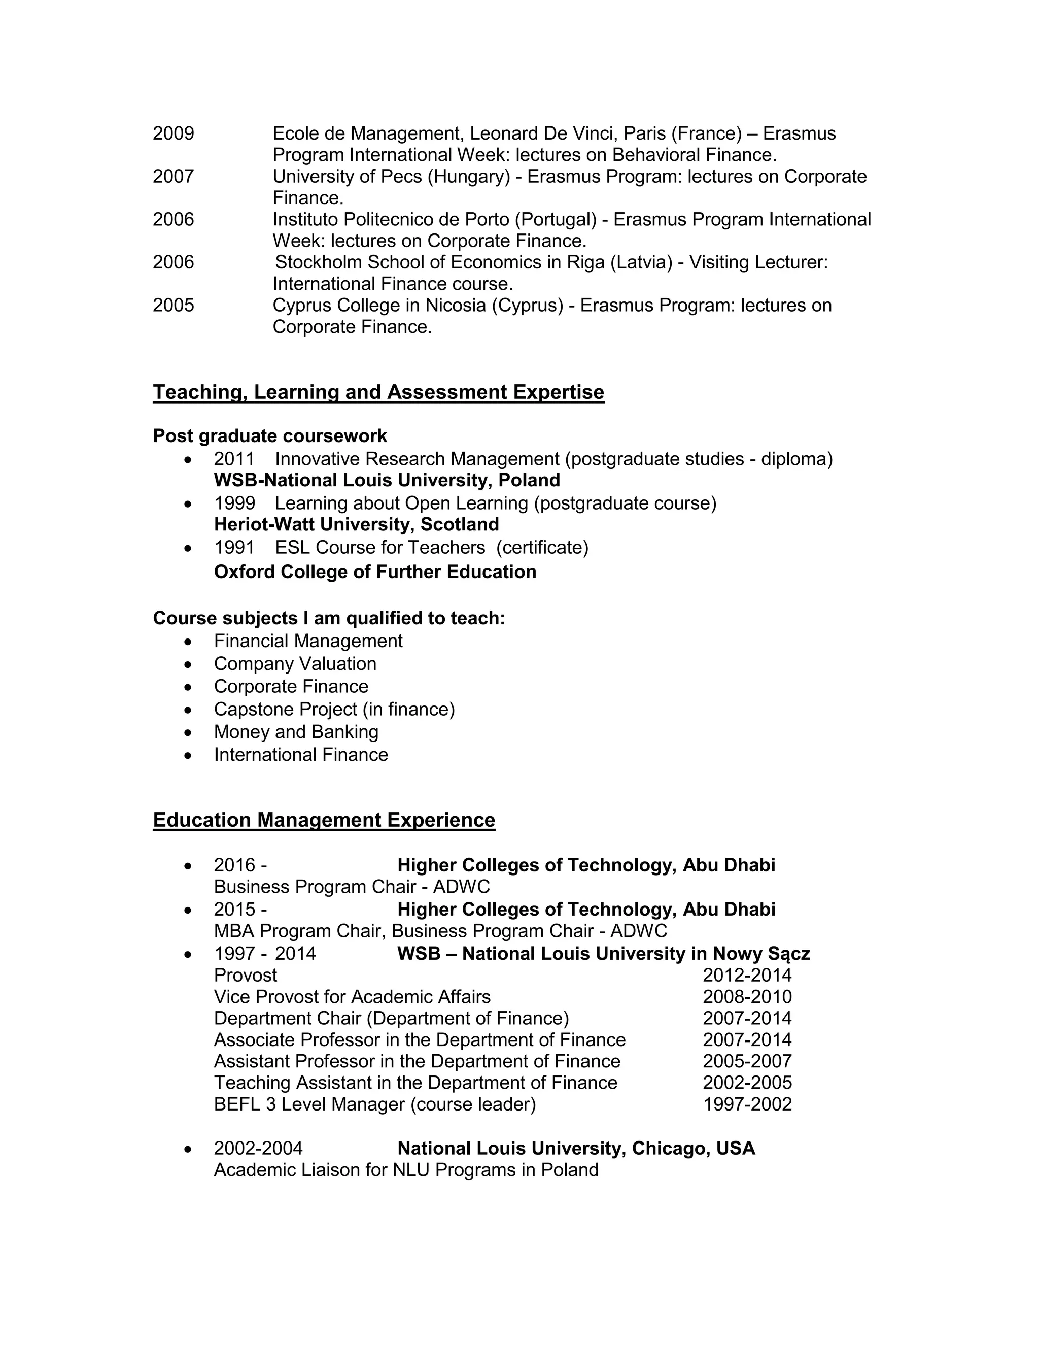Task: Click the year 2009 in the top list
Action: point(173,133)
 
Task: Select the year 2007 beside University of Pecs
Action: point(173,177)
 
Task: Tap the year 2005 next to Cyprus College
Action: point(173,306)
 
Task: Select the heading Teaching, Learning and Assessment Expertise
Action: point(378,392)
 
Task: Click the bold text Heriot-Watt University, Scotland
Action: point(356,525)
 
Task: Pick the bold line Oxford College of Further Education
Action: point(375,572)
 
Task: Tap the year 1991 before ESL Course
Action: point(234,548)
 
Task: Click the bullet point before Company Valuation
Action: point(188,664)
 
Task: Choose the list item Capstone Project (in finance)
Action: point(334,710)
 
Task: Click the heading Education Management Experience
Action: point(324,820)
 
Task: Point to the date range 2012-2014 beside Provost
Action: point(747,976)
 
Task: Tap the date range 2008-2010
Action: point(747,997)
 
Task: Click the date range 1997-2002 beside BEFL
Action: point(747,1104)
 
